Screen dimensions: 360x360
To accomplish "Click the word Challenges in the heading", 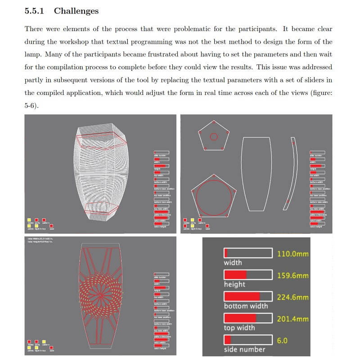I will pyautogui.click(x=76, y=11).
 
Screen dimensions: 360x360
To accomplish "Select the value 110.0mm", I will pyautogui.click(x=292, y=254).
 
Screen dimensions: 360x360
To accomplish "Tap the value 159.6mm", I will pyautogui.click(x=292, y=275).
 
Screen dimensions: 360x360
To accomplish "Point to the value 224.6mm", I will pyautogui.click(x=292, y=297).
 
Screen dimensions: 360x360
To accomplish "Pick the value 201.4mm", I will pyautogui.click(x=292, y=319).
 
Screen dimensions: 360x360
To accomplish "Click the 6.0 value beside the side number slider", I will pyautogui.click(x=283, y=340).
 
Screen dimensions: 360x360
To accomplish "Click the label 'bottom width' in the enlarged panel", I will pyautogui.click(x=246, y=306).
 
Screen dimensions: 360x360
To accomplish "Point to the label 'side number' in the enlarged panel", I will pyautogui.click(x=244, y=349).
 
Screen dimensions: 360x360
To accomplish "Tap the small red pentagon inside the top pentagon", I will pyautogui.click(x=214, y=136).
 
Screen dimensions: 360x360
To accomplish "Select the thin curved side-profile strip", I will pyautogui.click(x=291, y=173).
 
